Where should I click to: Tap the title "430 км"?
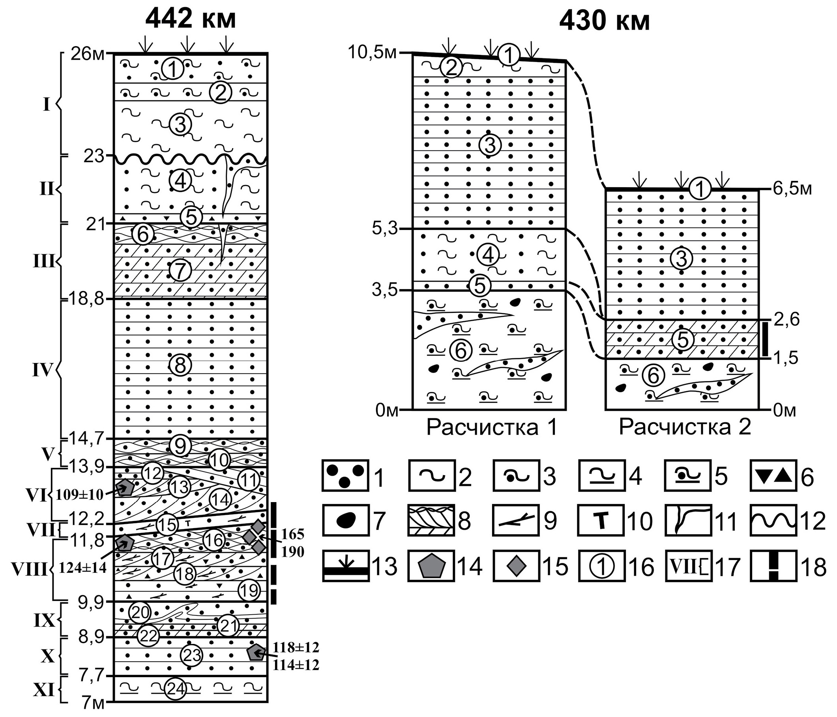tap(604, 21)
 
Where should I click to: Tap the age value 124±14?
tap(83, 567)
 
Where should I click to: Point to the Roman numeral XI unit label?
tap(43, 690)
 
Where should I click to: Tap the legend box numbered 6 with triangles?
tap(773, 476)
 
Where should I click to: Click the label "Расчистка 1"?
tap(492, 427)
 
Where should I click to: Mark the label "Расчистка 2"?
tap(685, 427)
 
